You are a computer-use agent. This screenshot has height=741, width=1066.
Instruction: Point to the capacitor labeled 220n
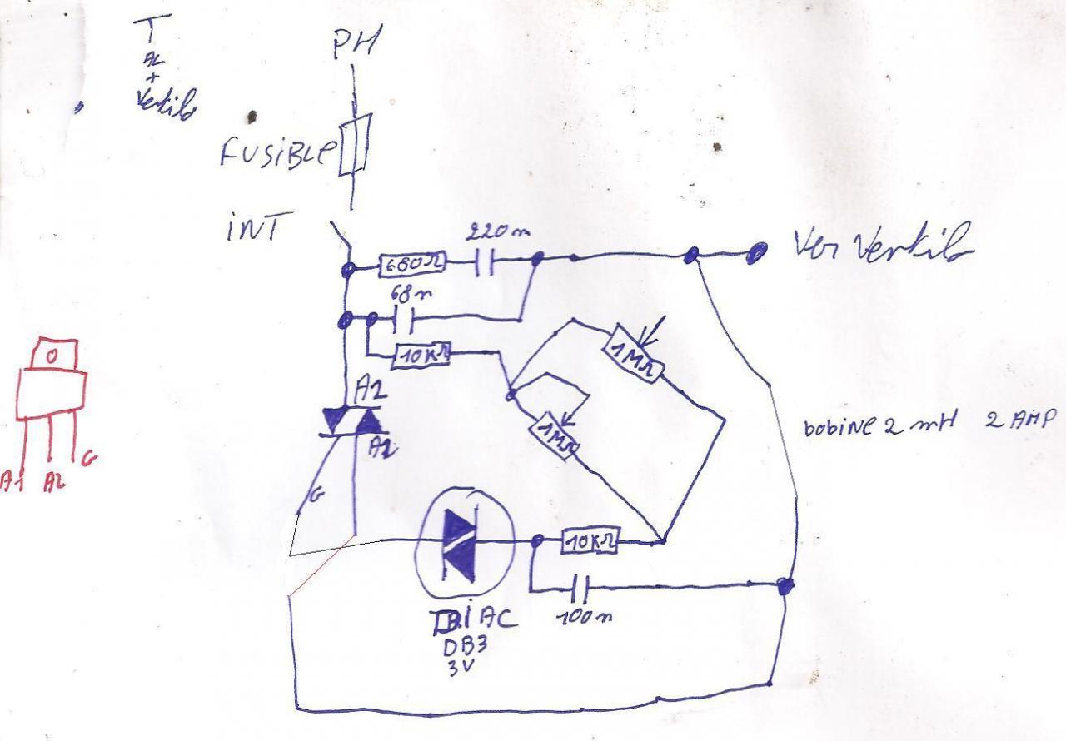click(x=484, y=265)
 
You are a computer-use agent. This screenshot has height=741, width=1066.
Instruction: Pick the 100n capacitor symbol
click(x=582, y=589)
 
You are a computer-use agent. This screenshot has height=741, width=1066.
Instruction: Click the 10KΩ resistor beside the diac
click(x=590, y=541)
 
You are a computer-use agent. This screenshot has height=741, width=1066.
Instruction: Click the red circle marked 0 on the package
click(x=52, y=356)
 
